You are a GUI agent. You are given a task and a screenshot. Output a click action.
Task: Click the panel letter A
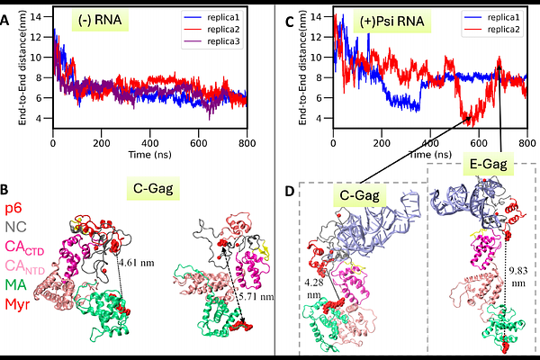click(x=4, y=21)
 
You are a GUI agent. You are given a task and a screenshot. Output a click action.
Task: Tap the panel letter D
click(x=291, y=191)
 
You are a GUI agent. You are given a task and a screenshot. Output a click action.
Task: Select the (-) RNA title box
click(x=100, y=20)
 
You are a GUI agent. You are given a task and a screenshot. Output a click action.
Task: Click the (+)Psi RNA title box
click(x=391, y=22)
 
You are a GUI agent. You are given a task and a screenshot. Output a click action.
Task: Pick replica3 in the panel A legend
click(x=223, y=41)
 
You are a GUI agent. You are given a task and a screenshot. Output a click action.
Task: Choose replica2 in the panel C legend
click(x=503, y=30)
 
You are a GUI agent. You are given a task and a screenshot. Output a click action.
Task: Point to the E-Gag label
click(x=489, y=164)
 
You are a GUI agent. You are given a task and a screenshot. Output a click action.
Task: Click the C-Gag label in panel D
click(x=359, y=195)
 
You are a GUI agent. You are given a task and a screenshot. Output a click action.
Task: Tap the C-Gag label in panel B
click(x=153, y=188)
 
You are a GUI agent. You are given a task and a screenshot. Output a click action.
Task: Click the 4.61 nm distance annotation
click(x=137, y=263)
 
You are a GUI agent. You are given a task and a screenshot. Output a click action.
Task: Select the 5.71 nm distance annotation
click(x=256, y=296)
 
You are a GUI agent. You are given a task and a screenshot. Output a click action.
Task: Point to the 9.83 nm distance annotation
click(x=518, y=276)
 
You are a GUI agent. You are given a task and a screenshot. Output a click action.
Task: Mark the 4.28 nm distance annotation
click(x=313, y=289)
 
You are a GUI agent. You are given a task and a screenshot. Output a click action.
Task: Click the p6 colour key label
click(x=13, y=209)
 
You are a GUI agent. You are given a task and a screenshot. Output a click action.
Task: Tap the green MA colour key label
click(x=16, y=285)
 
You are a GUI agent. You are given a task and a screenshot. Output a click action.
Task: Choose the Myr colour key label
click(x=17, y=304)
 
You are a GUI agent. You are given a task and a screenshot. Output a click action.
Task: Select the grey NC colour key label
click(x=16, y=227)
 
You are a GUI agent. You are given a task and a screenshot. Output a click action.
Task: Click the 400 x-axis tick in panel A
click(x=149, y=143)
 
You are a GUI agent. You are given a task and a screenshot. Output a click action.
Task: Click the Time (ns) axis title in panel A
click(x=149, y=155)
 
